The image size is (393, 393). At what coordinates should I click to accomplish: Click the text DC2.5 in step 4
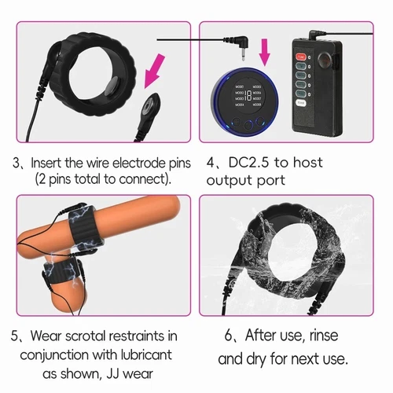coord(249,165)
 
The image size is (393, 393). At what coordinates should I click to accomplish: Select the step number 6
coord(230,335)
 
